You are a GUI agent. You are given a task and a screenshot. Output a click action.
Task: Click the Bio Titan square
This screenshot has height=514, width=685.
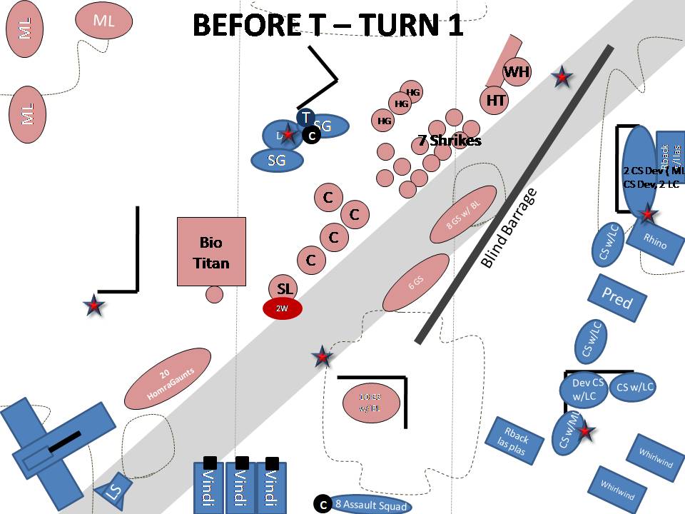coord(211,251)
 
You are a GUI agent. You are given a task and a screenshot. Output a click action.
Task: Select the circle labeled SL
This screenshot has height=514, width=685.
coord(285,288)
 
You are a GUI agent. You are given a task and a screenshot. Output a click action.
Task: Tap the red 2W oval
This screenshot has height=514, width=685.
coord(283,308)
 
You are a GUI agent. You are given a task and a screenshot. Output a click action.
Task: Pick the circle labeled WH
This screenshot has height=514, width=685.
coord(516,72)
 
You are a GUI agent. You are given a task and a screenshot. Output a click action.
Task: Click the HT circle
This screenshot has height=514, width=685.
coord(496,100)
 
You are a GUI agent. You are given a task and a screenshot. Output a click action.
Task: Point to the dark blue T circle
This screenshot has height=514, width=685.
coord(306,117)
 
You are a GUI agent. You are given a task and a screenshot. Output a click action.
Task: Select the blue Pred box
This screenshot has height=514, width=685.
coord(616,298)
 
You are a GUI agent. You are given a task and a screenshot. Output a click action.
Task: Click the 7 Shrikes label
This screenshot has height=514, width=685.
coord(450,141)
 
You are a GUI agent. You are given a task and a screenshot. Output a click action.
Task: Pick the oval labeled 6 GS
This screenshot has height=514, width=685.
coord(415,283)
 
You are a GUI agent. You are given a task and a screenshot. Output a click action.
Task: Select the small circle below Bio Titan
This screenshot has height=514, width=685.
coord(213,293)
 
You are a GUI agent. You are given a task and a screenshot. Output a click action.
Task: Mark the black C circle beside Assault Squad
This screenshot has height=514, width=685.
coord(322,504)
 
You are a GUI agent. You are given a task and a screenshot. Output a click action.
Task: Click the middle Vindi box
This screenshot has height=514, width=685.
coord(241,487)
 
